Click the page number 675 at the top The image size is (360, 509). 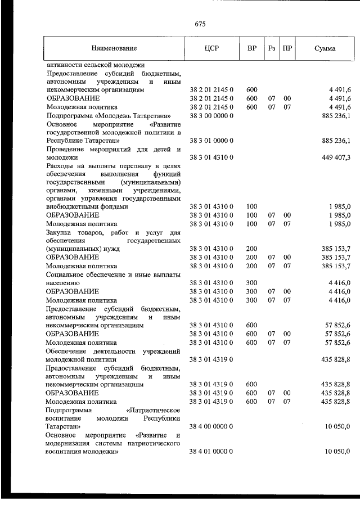pos(201,24)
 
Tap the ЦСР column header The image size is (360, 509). pos(211,48)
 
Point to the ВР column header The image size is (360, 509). pos(251,48)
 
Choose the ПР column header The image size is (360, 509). pos(287,48)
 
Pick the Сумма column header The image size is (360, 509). pos(325,48)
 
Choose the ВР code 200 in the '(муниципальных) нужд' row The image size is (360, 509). pos(251,248)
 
